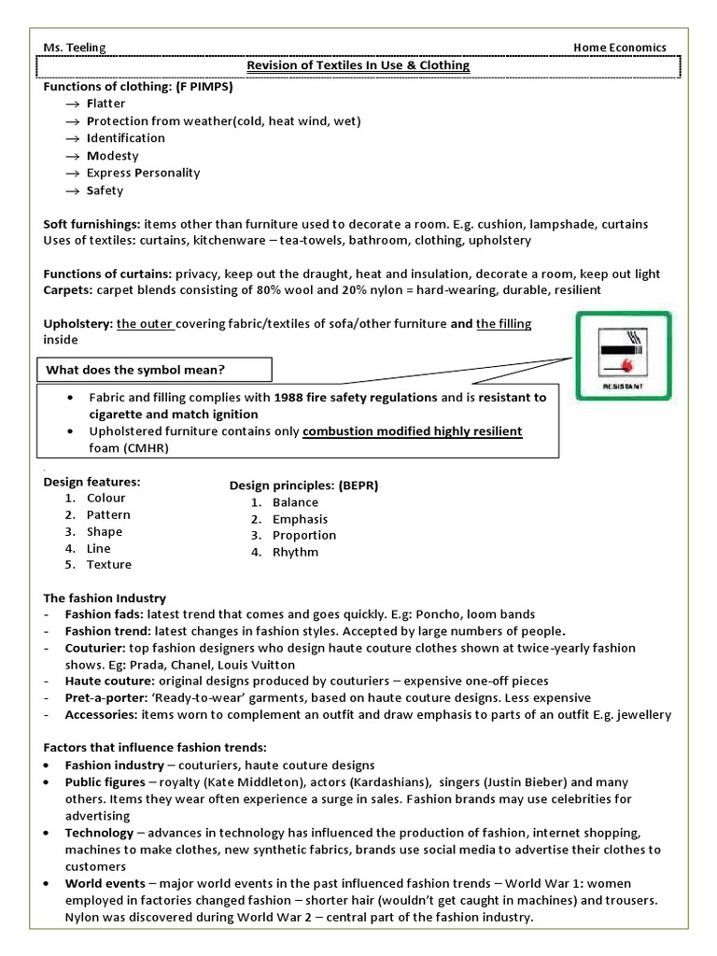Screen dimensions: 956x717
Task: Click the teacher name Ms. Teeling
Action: (75, 48)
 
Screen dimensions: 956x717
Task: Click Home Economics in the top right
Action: (619, 48)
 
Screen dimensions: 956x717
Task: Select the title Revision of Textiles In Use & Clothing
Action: (358, 65)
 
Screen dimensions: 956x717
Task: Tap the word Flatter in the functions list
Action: (105, 104)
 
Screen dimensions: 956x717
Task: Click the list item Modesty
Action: (112, 156)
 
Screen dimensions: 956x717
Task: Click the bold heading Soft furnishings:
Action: (91, 225)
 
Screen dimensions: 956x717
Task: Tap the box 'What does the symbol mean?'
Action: (154, 370)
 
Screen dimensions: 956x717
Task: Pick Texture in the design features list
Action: (109, 565)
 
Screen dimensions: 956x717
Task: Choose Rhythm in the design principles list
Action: (295, 553)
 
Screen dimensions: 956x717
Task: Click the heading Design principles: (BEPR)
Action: (303, 486)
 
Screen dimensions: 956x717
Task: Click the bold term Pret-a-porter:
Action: (101, 698)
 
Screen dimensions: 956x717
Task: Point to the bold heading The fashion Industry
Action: (105, 597)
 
